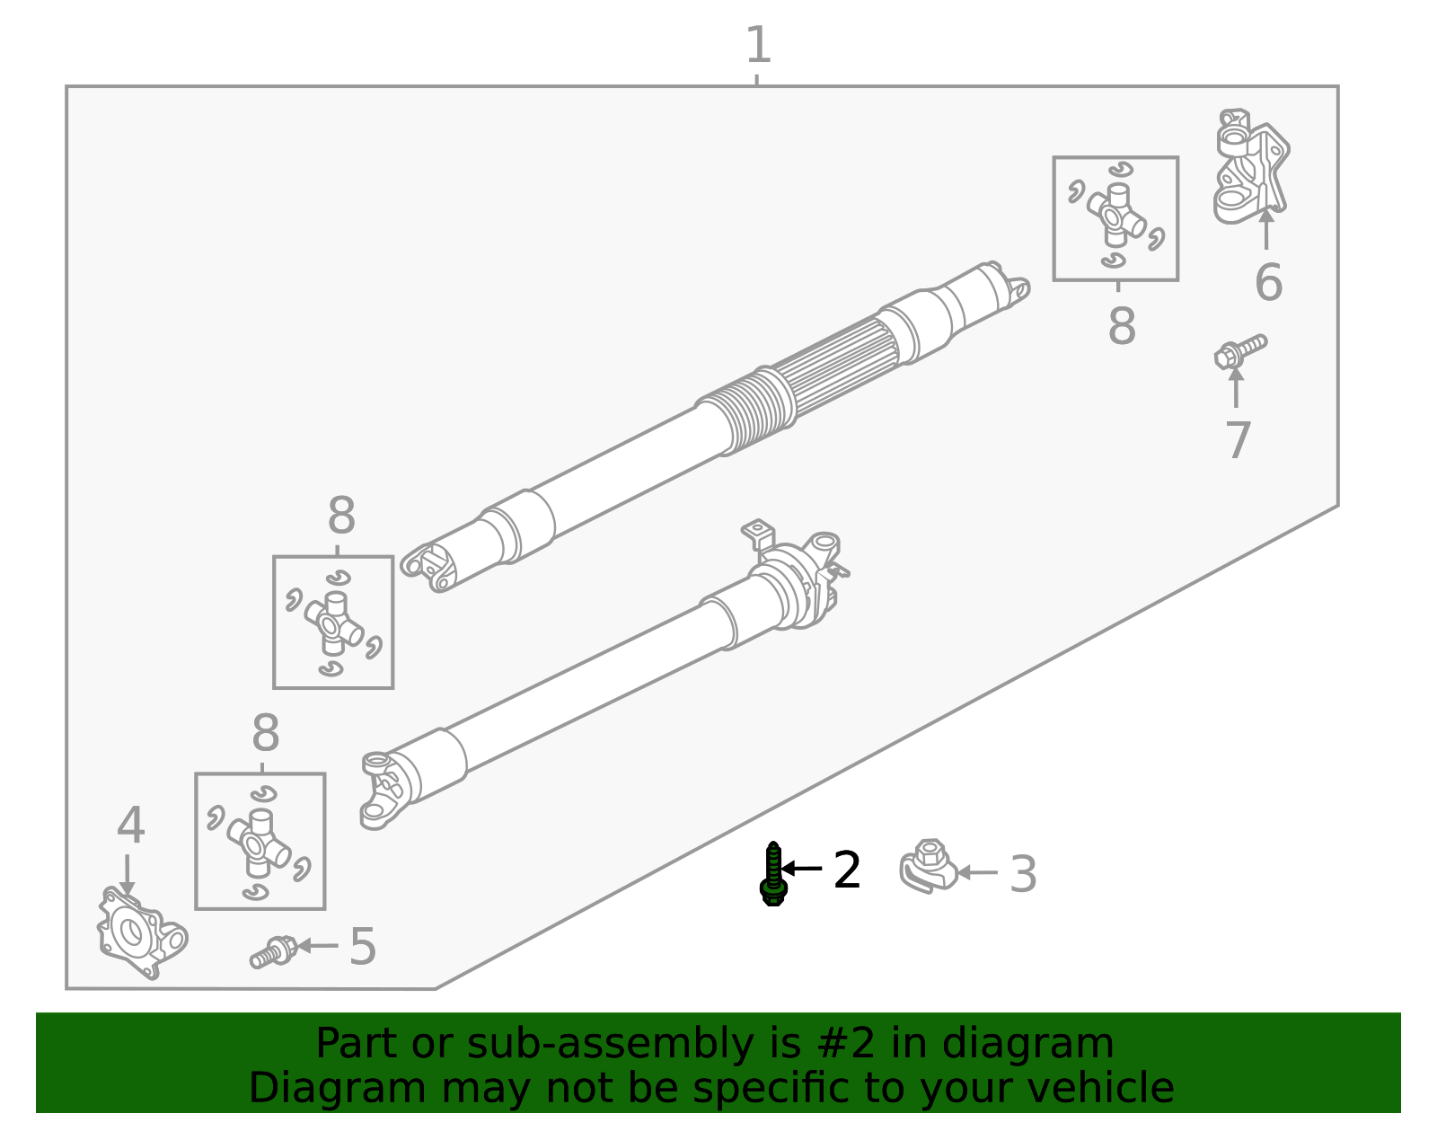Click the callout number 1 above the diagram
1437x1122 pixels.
click(x=758, y=45)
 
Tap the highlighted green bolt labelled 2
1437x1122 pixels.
click(x=773, y=873)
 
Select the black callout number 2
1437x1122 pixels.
click(x=847, y=870)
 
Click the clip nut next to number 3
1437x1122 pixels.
click(x=928, y=867)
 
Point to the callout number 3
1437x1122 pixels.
click(x=1023, y=874)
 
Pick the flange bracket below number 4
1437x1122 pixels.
click(x=142, y=933)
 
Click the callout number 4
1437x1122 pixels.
click(x=130, y=826)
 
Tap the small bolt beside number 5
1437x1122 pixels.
click(x=273, y=952)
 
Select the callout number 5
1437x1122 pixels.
click(x=362, y=947)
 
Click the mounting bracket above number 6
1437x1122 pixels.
click(x=1250, y=165)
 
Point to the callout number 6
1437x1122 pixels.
click(x=1268, y=282)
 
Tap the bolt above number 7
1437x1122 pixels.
click(x=1240, y=351)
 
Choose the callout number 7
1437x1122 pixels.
click(x=1239, y=440)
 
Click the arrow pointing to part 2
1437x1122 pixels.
click(x=801, y=868)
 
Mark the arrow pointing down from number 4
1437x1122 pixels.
click(x=127, y=873)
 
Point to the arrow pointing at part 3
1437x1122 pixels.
click(x=977, y=873)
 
